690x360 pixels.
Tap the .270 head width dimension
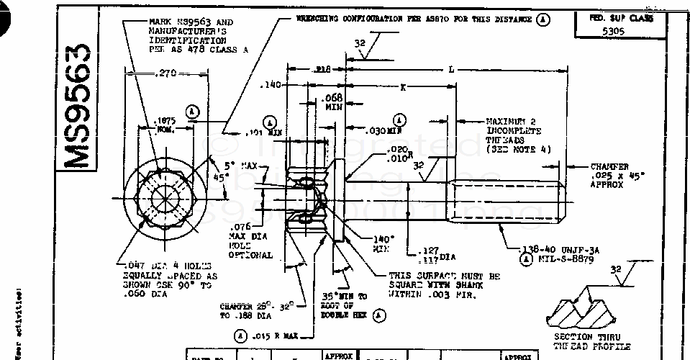click(167, 72)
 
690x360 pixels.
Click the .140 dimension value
click(271, 85)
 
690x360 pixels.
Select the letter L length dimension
click(451, 69)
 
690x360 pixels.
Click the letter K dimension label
click(403, 87)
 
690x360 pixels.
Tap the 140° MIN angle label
click(383, 243)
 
